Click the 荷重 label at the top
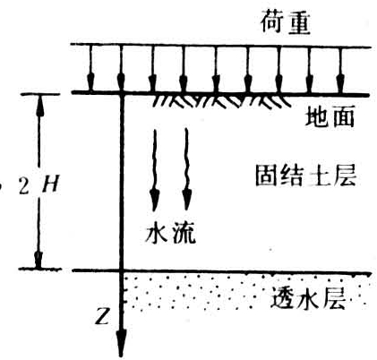286,21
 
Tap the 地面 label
330,116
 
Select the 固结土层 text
305,176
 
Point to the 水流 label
171,233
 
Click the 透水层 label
308,297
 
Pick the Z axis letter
102,317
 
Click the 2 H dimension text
39,185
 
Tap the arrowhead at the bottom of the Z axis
121,343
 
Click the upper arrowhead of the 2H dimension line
39,105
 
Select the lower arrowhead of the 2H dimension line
39,259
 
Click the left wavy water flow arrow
154,169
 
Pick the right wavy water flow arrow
186,169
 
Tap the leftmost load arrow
90,68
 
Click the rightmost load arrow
340,70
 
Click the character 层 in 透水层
334,298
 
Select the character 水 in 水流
157,233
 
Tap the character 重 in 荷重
298,22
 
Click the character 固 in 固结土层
267,176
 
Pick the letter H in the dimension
51,185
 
